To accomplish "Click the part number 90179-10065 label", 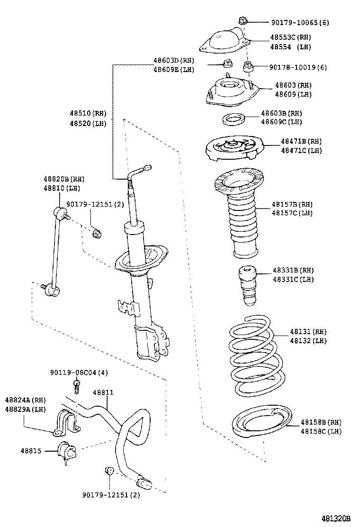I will [x=300, y=22].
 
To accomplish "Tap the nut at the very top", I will [x=242, y=20].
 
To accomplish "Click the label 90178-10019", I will [x=298, y=67].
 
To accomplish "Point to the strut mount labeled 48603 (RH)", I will [x=230, y=92].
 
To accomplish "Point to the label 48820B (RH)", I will [x=64, y=179].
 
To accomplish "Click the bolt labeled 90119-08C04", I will [x=77, y=386].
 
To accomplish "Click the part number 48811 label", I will [x=103, y=393].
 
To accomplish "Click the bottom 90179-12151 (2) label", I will [x=111, y=495].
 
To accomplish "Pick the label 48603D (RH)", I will [x=173, y=61].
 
